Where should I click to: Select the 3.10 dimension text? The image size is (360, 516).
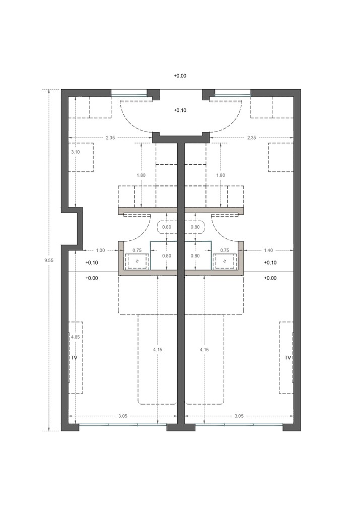75,152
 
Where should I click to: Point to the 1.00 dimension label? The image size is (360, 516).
100,250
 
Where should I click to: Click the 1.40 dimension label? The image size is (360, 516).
268,250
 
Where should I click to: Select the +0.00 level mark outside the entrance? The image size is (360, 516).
180,76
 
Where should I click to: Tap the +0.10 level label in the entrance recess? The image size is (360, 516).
180,110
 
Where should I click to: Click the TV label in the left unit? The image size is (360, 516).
74,357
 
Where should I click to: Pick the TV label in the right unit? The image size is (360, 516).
288,357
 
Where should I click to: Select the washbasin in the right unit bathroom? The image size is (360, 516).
225,262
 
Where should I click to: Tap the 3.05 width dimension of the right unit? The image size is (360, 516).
239,416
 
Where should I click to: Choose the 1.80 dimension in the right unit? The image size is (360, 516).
220,175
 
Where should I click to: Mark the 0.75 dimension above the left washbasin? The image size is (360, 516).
136,250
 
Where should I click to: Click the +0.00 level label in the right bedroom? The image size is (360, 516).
270,278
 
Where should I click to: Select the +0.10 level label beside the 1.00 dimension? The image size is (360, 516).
92,263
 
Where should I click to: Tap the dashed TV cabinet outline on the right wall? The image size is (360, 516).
285,357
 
